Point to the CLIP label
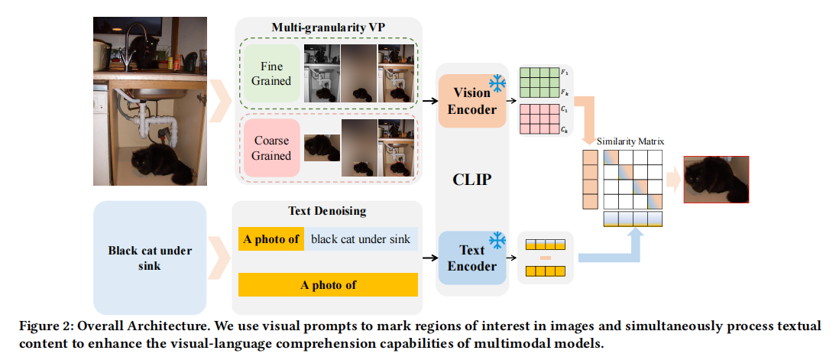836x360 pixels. tap(471, 180)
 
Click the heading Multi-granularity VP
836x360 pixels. tap(328, 28)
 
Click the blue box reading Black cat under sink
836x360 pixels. tap(150, 257)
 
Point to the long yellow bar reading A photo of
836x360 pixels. tap(328, 284)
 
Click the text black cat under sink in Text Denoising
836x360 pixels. tap(361, 239)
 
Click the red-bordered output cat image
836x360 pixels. tap(716, 180)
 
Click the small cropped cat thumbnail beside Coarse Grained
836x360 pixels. tap(321, 148)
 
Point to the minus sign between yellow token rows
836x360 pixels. tap(546, 258)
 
